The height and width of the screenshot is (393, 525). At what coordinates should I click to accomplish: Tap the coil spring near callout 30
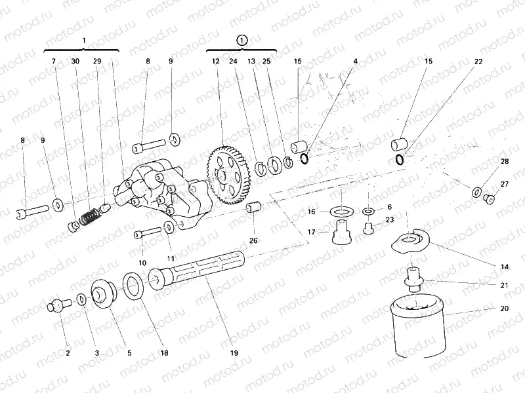pyautogui.click(x=91, y=215)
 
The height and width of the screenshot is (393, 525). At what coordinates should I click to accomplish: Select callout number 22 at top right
pyautogui.click(x=478, y=62)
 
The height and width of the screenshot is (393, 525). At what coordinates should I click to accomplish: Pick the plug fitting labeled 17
pyautogui.click(x=341, y=231)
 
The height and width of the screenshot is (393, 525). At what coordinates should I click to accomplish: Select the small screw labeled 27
pyautogui.click(x=488, y=198)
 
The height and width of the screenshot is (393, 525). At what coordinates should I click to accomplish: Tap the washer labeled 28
pyautogui.click(x=476, y=191)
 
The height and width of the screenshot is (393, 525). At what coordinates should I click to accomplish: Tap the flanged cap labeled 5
pyautogui.click(x=103, y=291)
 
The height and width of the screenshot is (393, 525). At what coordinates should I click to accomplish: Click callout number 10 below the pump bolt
pyautogui.click(x=142, y=263)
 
